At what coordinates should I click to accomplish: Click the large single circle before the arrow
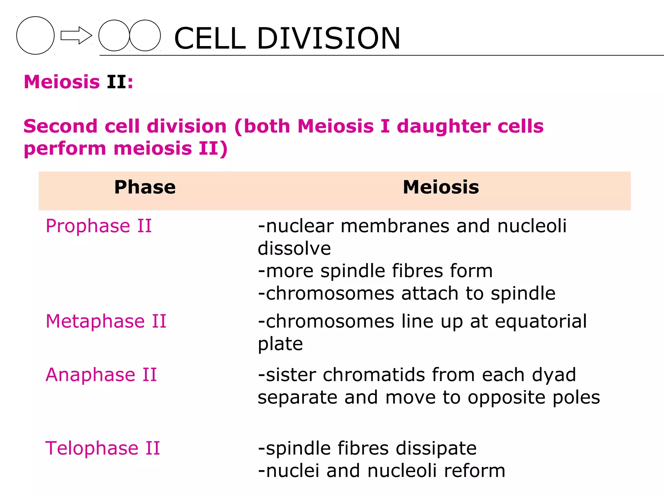click(x=35, y=35)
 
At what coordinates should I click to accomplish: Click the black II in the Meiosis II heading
click(x=117, y=82)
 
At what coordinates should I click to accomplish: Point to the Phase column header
click(x=145, y=187)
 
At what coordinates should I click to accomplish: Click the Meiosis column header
click(x=441, y=187)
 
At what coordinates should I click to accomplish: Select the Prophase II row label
click(x=99, y=226)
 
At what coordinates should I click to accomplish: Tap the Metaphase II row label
click(x=106, y=321)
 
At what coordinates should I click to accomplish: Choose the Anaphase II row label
click(x=101, y=375)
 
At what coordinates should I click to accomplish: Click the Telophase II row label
click(x=102, y=448)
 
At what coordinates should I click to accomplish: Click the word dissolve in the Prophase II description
click(x=294, y=249)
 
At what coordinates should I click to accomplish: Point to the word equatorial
click(x=541, y=321)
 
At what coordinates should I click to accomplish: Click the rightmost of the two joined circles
click(x=145, y=35)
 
